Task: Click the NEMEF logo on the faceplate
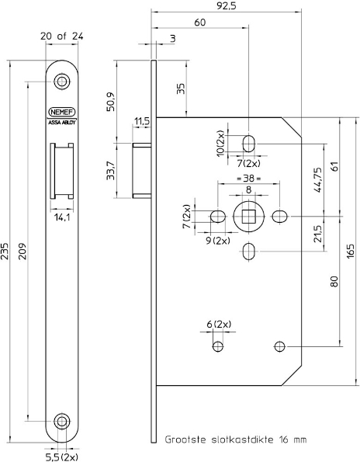[x=61, y=113]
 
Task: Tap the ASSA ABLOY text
[x=61, y=123]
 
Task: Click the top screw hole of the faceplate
[x=61, y=82]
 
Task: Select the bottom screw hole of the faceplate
[x=61, y=421]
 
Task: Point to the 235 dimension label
[x=5, y=252]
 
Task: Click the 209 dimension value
[x=22, y=251]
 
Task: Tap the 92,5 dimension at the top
[x=226, y=6]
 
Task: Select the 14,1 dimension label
[x=62, y=217]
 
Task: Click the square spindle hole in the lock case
[x=249, y=217]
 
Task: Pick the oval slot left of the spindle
[x=218, y=217]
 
